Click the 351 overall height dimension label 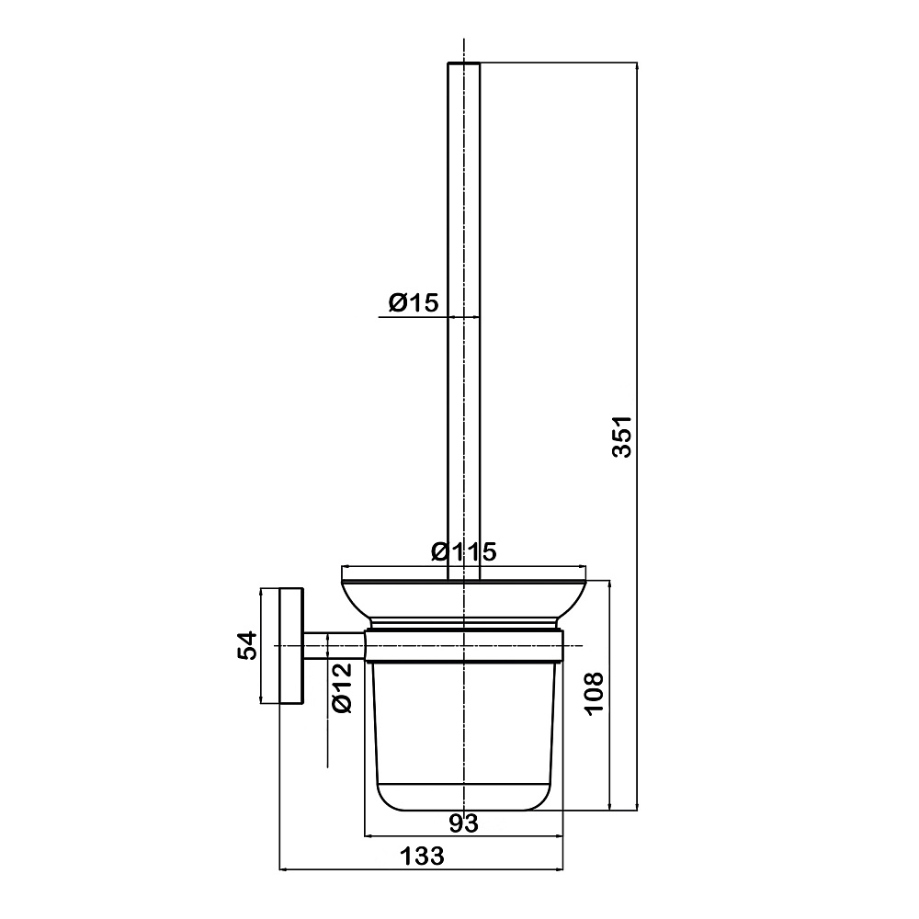621,436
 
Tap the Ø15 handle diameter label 414,302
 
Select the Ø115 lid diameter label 463,550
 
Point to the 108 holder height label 594,693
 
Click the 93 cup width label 463,823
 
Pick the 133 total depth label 422,857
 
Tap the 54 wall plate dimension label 247,645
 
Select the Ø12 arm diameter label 341,686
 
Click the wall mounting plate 291,646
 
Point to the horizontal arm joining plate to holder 335,646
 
